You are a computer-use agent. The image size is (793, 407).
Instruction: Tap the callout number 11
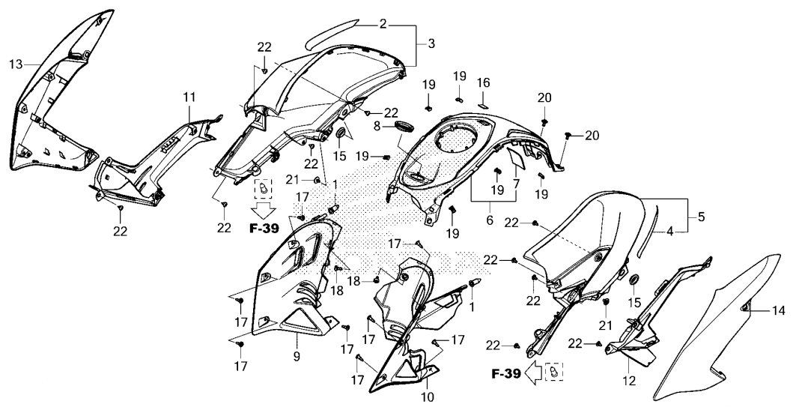(x=189, y=97)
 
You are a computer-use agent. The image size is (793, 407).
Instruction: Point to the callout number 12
(x=629, y=381)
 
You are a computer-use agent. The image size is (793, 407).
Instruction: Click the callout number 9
(x=297, y=358)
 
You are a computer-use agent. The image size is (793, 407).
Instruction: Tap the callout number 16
(x=484, y=82)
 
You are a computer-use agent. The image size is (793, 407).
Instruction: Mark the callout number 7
(x=516, y=182)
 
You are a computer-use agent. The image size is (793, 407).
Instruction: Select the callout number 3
(x=431, y=45)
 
